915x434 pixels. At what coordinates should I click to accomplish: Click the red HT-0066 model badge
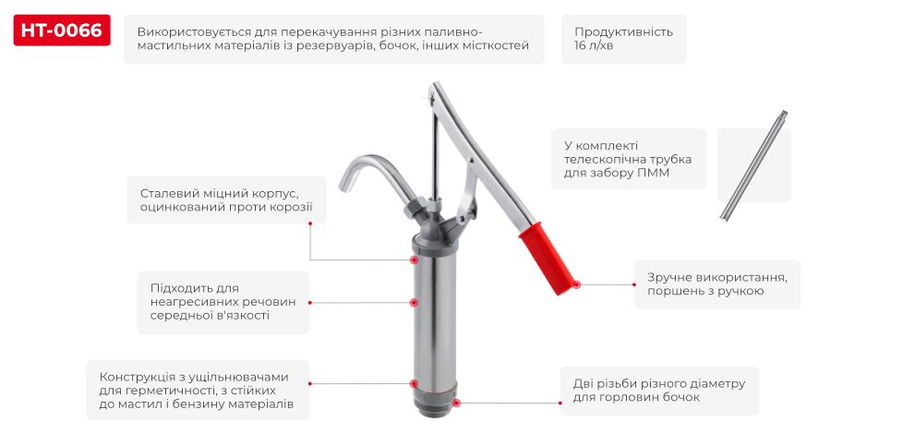click(x=62, y=30)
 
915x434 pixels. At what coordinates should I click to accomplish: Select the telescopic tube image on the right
click(x=753, y=165)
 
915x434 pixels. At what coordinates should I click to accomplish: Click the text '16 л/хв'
click(x=593, y=47)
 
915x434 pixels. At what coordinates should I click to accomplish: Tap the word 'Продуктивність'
click(x=623, y=31)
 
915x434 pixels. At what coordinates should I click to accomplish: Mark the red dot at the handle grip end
click(x=576, y=284)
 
